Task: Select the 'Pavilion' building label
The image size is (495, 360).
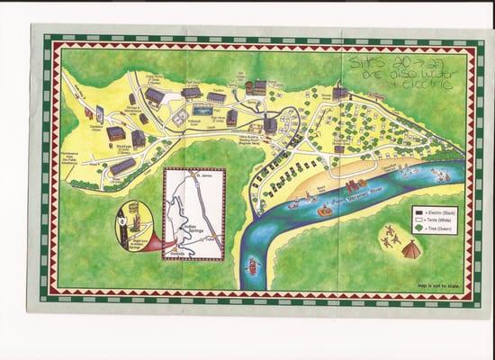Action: click(x=216, y=93)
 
